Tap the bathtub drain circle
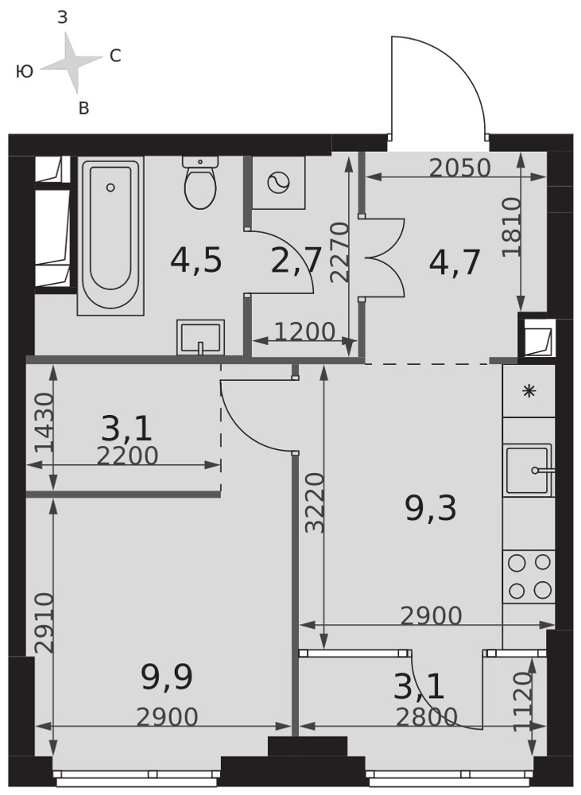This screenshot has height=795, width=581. click(x=110, y=188)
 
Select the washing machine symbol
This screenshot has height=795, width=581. click(x=279, y=183)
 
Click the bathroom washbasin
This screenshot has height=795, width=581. click(x=200, y=337)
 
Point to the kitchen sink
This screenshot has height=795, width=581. click(x=528, y=470)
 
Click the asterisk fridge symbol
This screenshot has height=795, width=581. click(x=529, y=391)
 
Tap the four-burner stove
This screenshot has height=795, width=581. click(x=529, y=576)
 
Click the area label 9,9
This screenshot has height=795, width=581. click(x=167, y=678)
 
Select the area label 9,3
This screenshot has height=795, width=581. click(x=431, y=508)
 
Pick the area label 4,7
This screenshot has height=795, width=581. click(x=455, y=262)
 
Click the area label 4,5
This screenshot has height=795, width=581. click(x=196, y=261)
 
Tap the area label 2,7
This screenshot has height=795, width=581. click(x=296, y=261)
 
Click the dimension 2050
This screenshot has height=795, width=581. click(x=460, y=168)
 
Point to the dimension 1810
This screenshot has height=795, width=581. click(x=511, y=227)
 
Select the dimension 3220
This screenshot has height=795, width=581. click(x=314, y=502)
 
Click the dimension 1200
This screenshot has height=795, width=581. click(x=304, y=332)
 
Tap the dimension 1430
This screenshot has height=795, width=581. click(x=44, y=422)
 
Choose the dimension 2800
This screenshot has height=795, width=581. click(x=426, y=717)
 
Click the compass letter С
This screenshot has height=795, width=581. click(x=115, y=56)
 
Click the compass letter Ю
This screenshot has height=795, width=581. click(x=25, y=72)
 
